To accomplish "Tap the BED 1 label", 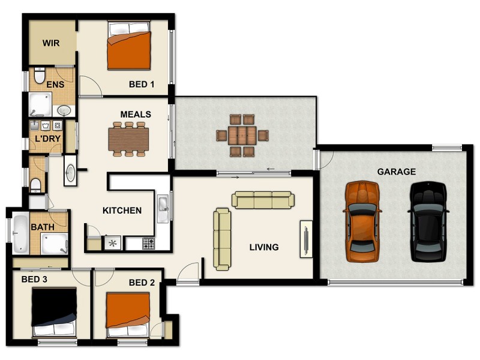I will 142,85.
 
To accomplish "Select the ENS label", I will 55,85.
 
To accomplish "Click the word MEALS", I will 136,114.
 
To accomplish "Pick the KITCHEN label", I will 122,211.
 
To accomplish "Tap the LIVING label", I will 264,247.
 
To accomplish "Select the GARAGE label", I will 396,172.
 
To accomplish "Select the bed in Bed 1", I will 128,46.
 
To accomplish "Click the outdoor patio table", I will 242,136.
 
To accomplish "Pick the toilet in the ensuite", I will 40,76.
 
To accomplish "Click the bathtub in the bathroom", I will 20,233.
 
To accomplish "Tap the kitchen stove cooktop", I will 148,243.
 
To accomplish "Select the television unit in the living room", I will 306,239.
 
